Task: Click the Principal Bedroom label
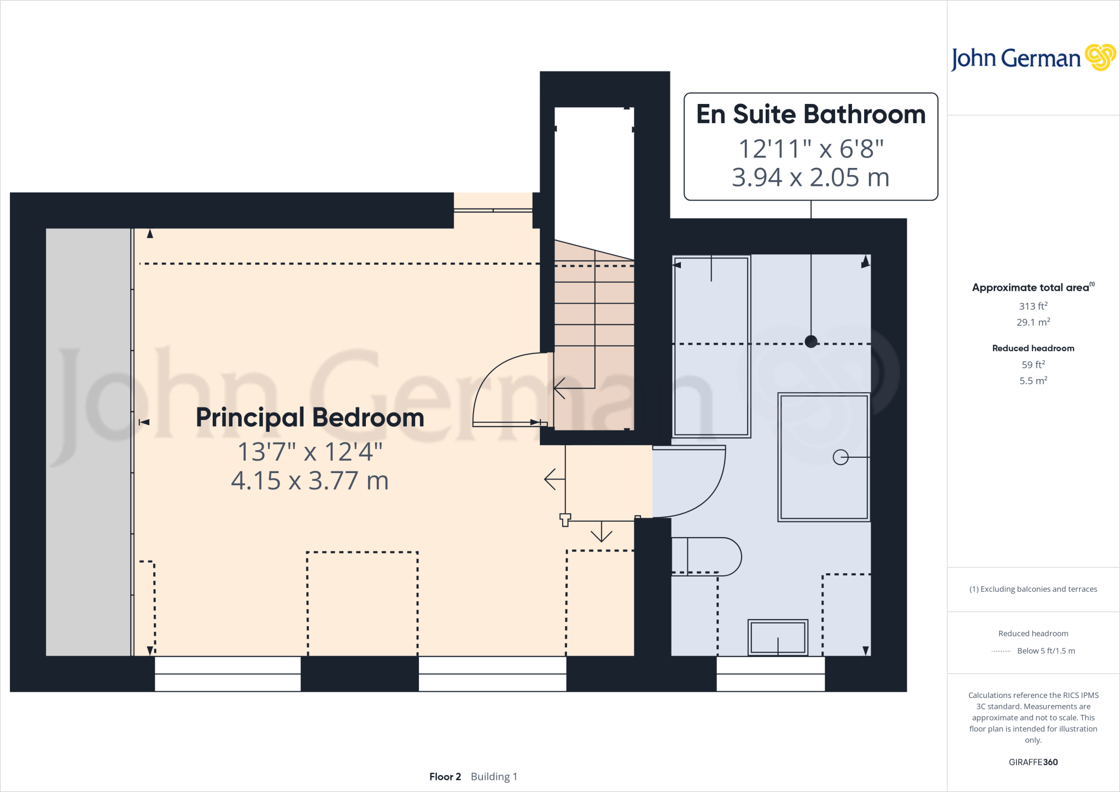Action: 310,418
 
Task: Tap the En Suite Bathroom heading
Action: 810,114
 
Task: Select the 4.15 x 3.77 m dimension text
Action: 310,481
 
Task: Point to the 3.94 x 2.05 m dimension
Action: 810,177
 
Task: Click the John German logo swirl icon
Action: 1100,57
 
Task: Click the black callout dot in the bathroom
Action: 811,342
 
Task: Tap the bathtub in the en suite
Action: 711,346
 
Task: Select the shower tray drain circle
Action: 840,457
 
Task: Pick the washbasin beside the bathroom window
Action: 778,637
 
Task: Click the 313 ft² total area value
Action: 1033,306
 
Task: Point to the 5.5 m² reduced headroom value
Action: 1033,381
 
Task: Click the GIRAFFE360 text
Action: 1033,762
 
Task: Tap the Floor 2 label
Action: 445,777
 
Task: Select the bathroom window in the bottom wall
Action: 770,674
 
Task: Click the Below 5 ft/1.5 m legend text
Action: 1046,651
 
